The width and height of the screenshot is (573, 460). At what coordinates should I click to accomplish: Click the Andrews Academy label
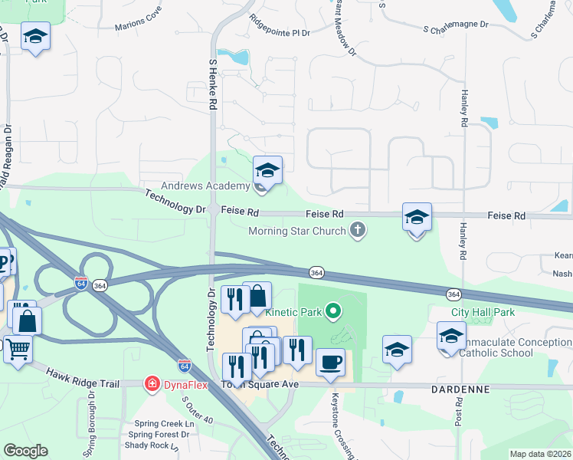(205, 186)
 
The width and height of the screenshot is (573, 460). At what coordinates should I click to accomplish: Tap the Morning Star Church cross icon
(357, 230)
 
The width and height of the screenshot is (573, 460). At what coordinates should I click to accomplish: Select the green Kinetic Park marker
(332, 312)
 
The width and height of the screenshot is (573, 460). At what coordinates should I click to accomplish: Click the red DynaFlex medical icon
(152, 383)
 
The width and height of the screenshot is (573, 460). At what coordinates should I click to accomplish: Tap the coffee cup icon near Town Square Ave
(330, 361)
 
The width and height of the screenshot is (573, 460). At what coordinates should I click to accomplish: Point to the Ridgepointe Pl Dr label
(280, 34)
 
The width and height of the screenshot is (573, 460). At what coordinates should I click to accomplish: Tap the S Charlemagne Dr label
(456, 25)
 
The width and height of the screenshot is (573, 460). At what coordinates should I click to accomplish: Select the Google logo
(25, 451)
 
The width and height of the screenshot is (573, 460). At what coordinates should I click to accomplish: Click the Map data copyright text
(541, 454)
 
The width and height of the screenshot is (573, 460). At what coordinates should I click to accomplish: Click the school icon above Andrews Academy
(267, 170)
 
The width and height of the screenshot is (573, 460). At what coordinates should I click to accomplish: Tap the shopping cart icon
(18, 349)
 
